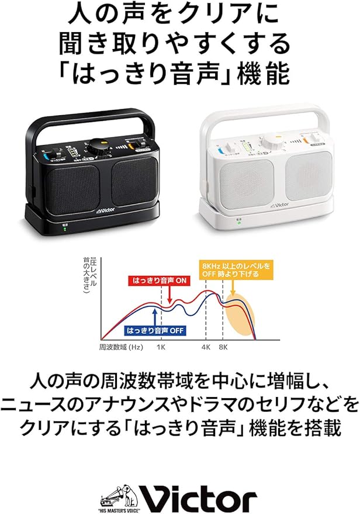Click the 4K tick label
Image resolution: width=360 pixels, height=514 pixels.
tap(206, 347)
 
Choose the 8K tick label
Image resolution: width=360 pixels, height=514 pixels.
tap(223, 347)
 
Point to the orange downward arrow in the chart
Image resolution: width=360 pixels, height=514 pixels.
tap(233, 291)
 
